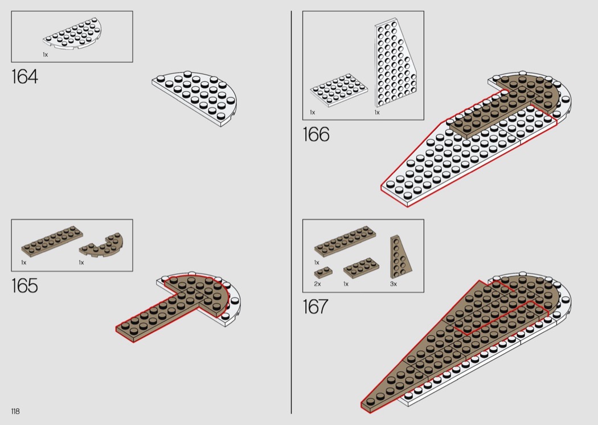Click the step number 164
[x=25, y=76]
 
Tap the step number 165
[x=25, y=285]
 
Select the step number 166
[x=316, y=134]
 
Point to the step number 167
[x=316, y=307]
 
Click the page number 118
[x=15, y=411]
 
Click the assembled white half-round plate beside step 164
[x=195, y=99]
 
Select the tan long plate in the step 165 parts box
[x=52, y=242]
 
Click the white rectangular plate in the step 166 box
[x=339, y=90]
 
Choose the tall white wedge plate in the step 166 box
[x=395, y=64]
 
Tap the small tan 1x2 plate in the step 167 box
[x=323, y=272]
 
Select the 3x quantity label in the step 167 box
[x=393, y=284]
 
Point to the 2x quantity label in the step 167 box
[x=317, y=284]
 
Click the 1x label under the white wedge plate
[x=377, y=112]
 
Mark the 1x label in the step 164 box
[x=46, y=55]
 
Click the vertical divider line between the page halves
[x=292, y=212]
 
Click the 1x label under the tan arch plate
[x=81, y=263]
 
